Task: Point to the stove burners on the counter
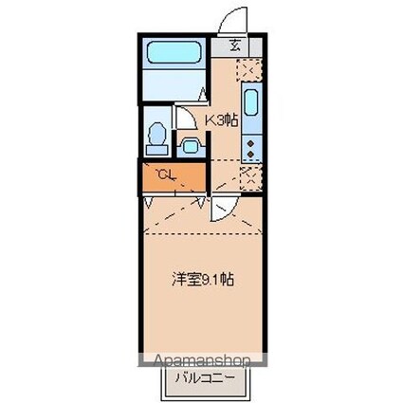point(251,145)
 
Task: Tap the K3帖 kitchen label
point(223,120)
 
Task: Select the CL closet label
point(165,174)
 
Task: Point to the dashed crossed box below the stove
point(250,174)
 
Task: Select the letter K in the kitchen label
point(212,120)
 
